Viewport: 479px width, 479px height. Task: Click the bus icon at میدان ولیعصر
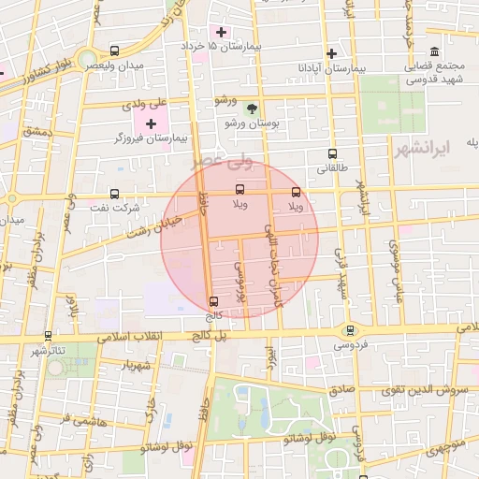pos(114,51)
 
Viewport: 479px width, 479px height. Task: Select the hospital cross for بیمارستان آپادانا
pos(331,53)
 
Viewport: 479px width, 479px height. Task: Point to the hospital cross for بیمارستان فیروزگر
pos(151,123)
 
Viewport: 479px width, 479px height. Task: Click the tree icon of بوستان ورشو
pos(250,109)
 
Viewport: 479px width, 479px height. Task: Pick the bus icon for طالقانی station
pos(332,154)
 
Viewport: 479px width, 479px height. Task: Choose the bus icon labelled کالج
pos(214,301)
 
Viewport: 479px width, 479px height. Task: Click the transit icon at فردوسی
pos(350,329)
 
